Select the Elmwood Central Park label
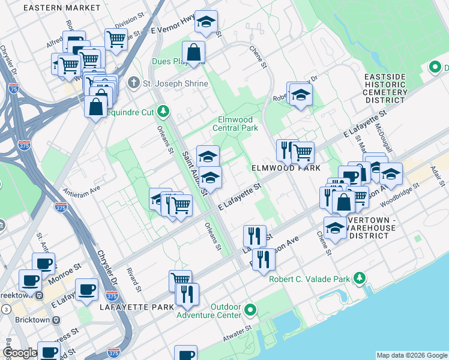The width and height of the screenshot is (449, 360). pos(237,124)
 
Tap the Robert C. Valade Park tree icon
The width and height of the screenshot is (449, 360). pos(360,278)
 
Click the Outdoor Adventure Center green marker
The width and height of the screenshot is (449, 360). pos(250,310)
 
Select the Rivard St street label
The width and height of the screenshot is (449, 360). pos(133,278)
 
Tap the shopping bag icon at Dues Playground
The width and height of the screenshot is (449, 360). pos(194,52)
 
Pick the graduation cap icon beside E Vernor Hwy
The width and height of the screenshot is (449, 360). pos(206,23)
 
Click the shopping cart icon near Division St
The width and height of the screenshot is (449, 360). pos(116,39)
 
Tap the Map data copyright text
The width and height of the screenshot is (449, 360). pos(411,355)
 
